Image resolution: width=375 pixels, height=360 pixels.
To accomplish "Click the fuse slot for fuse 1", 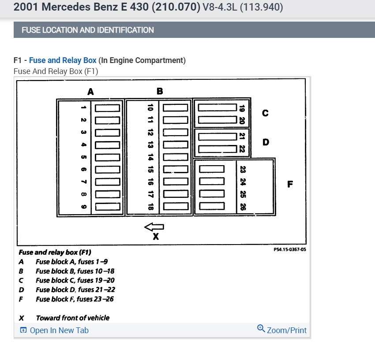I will pyautogui.click(x=108, y=108).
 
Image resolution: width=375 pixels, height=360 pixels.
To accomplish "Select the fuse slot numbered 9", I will pyautogui.click(x=108, y=206).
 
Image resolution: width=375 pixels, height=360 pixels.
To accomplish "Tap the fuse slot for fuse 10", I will pyautogui.click(x=176, y=108).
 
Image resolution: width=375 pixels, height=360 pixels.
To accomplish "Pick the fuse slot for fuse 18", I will pyautogui.click(x=176, y=206).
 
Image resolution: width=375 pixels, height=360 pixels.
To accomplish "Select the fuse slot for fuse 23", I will pyautogui.click(x=212, y=169).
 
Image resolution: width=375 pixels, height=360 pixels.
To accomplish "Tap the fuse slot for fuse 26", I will pyautogui.click(x=212, y=205).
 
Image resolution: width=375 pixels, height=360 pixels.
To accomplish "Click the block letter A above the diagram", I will pyautogui.click(x=90, y=92).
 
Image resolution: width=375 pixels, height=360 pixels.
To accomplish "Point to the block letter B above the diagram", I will pyautogui.click(x=160, y=91).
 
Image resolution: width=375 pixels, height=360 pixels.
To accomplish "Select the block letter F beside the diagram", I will pyautogui.click(x=289, y=184).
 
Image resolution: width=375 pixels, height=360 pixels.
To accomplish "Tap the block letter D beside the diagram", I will pyautogui.click(x=265, y=142).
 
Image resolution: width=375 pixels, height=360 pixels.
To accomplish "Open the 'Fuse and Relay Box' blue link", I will pyautogui.click(x=63, y=60).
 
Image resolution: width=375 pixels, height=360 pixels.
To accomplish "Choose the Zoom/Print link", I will pyautogui.click(x=282, y=330).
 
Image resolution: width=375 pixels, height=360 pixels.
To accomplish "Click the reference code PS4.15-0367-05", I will pyautogui.click(x=290, y=249).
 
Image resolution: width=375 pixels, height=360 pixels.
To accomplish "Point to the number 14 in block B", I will pyautogui.click(x=150, y=157).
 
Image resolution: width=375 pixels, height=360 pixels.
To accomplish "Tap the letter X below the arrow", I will pyautogui.click(x=155, y=237).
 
